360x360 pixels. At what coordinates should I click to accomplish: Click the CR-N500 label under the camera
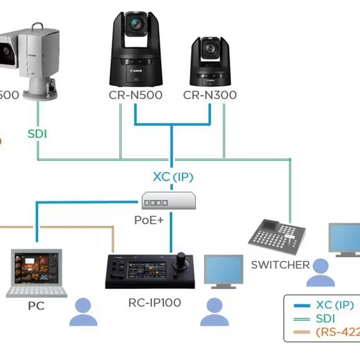coord(135,95)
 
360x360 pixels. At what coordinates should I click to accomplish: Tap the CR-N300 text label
coord(210,95)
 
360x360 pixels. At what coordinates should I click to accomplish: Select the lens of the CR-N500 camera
coord(135,23)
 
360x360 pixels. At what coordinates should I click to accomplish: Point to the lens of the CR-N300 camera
coord(210,48)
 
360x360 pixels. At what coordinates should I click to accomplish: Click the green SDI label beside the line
coord(37,134)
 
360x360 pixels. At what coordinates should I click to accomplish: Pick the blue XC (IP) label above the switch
coord(173,177)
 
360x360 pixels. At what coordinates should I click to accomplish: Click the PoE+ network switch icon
coord(169,201)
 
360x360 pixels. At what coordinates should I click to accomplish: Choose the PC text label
coord(36,306)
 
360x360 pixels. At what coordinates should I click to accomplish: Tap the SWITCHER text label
coord(280,265)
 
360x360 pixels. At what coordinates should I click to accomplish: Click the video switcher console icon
coord(278,237)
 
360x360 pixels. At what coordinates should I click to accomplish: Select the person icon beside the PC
coord(83,311)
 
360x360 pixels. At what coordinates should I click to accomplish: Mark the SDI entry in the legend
coord(325,319)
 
